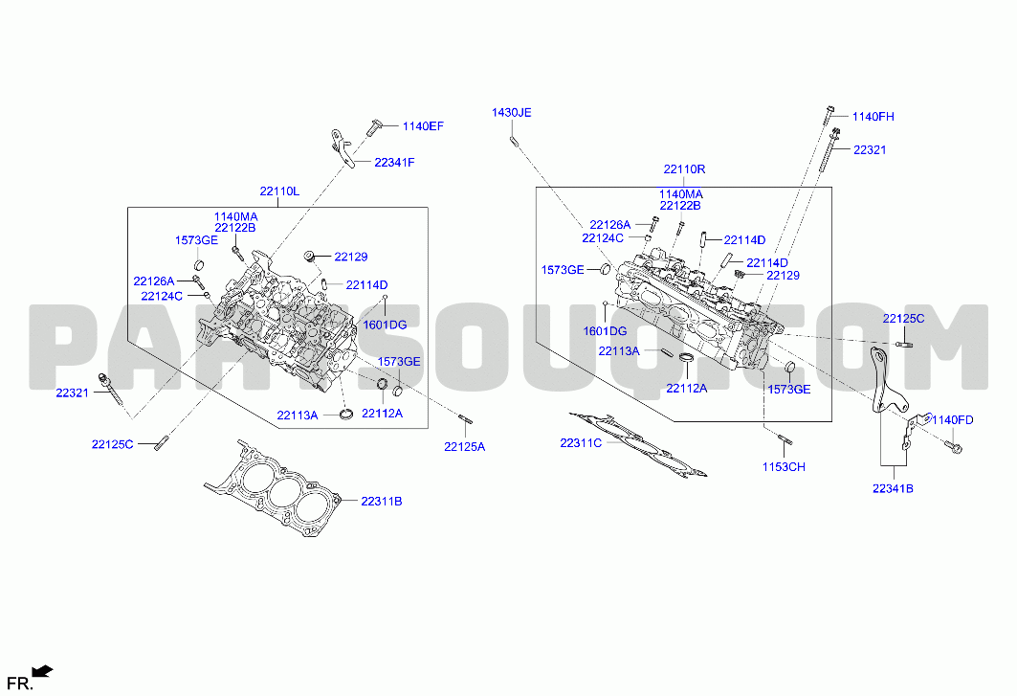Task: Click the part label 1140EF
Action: (423, 126)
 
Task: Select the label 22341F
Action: (394, 163)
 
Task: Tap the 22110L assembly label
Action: (279, 191)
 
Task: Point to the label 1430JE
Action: (511, 112)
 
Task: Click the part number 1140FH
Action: (873, 116)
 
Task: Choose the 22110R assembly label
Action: (684, 168)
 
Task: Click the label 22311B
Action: (382, 502)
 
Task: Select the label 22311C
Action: (581, 443)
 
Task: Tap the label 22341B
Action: (893, 488)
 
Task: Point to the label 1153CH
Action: (784, 467)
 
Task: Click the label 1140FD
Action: (953, 420)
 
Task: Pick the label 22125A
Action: (464, 447)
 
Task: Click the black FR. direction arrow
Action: (43, 671)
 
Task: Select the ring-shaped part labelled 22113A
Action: (347, 414)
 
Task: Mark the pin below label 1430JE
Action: (513, 140)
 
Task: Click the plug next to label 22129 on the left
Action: (309, 255)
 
